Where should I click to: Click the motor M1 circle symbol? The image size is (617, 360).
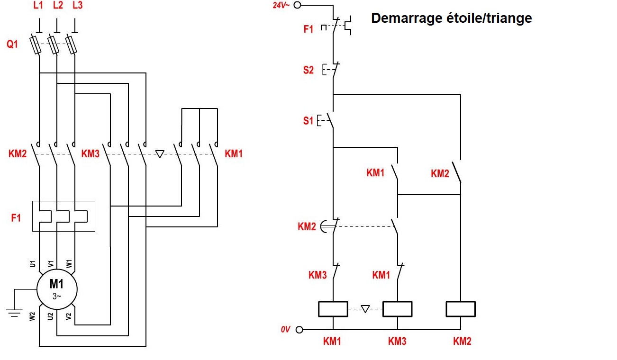pyautogui.click(x=57, y=289)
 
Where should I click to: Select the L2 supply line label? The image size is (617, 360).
pyautogui.click(x=57, y=6)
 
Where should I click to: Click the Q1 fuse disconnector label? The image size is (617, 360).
pyautogui.click(x=12, y=44)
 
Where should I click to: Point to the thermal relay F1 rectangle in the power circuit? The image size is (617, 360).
pyautogui.click(x=64, y=216)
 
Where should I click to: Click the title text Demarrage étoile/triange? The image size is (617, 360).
pyautogui.click(x=451, y=18)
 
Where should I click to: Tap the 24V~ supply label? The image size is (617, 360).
pyautogui.click(x=281, y=6)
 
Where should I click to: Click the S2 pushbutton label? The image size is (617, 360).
pyautogui.click(x=308, y=70)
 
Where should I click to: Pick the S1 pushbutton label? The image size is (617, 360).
pyautogui.click(x=308, y=121)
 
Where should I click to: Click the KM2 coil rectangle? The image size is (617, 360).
pyautogui.click(x=461, y=309)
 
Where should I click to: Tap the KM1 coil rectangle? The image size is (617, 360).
pyautogui.click(x=333, y=309)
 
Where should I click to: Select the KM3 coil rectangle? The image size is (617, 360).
pyautogui.click(x=397, y=309)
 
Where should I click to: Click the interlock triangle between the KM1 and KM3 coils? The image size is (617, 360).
pyautogui.click(x=365, y=309)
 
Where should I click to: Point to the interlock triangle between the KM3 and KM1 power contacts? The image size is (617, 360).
pyautogui.click(x=160, y=154)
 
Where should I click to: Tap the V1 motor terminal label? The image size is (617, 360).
pyautogui.click(x=51, y=264)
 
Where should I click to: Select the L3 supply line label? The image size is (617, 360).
pyautogui.click(x=77, y=6)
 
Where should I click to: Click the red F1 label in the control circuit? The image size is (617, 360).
pyautogui.click(x=308, y=29)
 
